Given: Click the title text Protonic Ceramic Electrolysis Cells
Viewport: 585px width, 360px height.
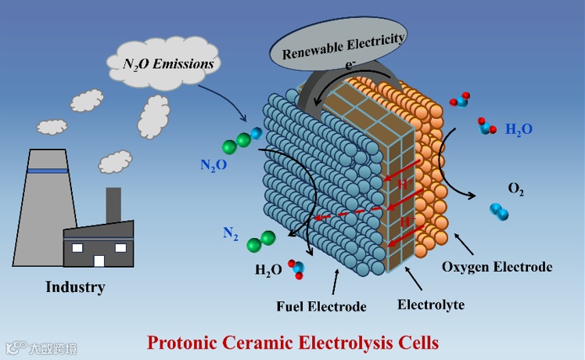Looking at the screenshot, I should pyautogui.click(x=293, y=342).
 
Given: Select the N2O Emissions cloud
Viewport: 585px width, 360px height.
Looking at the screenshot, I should pyautogui.click(x=164, y=62).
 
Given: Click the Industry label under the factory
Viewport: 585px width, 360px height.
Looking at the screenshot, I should pyautogui.click(x=75, y=287).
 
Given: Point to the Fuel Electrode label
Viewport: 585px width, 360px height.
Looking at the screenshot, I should pyautogui.click(x=321, y=306).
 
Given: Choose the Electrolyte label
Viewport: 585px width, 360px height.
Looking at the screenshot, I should pyautogui.click(x=429, y=304).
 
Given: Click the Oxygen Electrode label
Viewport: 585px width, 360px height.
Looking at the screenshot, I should pyautogui.click(x=497, y=267).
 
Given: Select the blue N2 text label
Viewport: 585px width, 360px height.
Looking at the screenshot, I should pyautogui.click(x=231, y=232).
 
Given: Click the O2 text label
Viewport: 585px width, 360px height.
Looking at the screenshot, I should pyautogui.click(x=516, y=189).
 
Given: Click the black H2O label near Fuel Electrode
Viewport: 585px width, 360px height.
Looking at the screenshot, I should pyautogui.click(x=268, y=270).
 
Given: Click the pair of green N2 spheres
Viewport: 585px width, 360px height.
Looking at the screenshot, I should pyautogui.click(x=260, y=242).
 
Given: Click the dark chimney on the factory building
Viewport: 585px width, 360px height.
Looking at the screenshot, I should pyautogui.click(x=113, y=204).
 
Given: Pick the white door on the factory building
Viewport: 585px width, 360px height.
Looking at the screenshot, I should pyautogui.click(x=99, y=261).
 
